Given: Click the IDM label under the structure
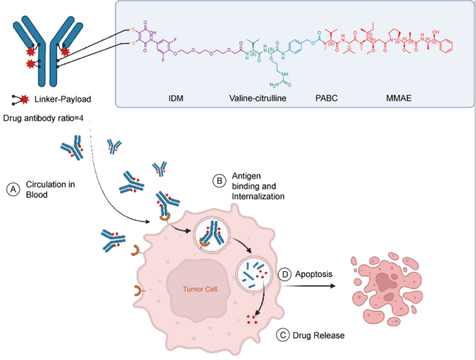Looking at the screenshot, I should click(x=176, y=98).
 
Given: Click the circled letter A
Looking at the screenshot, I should click(x=12, y=188).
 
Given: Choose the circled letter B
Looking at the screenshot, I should click(x=219, y=181).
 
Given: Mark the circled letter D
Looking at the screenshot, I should click(x=284, y=275).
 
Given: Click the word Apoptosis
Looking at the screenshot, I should click(x=314, y=274).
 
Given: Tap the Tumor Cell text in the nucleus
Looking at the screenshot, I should click(x=200, y=288).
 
